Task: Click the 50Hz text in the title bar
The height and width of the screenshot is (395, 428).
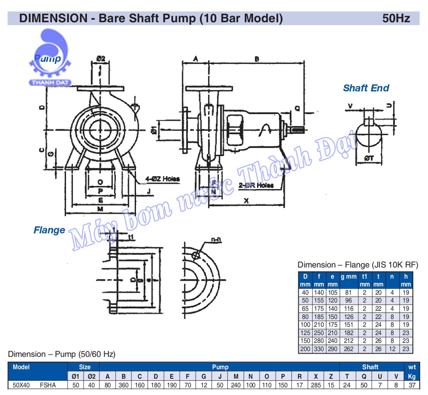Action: coord(396,18)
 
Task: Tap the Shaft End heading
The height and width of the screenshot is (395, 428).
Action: coord(366,88)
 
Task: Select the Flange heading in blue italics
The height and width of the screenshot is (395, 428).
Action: coord(49,230)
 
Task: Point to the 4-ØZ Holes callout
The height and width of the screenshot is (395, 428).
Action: coord(162,179)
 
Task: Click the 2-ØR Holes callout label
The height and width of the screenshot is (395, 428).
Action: coord(256,185)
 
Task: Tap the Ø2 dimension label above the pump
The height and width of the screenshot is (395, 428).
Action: coord(101,59)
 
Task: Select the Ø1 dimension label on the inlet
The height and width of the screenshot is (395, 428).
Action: coord(154,130)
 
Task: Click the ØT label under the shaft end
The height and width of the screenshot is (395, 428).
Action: coord(369,158)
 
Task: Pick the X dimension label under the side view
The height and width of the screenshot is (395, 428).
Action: coord(246,201)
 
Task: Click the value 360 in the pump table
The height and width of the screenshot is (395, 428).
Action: coord(124,385)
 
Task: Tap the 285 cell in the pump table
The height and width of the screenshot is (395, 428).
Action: coord(315,385)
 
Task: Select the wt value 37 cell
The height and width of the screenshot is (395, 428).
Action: coord(412,385)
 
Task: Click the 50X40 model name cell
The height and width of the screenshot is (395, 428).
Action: coord(21,385)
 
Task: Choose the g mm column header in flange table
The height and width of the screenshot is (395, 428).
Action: coord(348,276)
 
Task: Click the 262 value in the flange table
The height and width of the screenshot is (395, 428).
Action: coord(349,349)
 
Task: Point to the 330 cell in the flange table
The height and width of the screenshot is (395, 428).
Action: coord(319,349)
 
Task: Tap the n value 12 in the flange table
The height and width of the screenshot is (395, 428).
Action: coord(392,349)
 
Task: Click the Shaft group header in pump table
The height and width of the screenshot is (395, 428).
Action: coord(370,367)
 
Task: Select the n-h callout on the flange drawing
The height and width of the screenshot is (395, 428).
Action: coord(216,240)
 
